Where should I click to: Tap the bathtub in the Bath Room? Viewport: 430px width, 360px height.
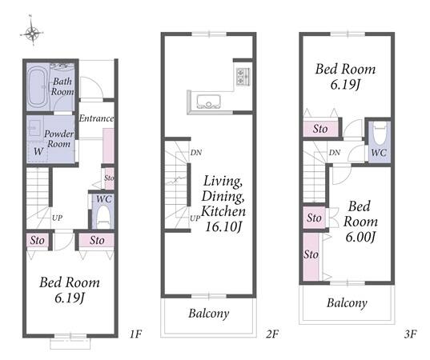coord(38,87)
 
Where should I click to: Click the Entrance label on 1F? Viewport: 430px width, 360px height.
coord(96,118)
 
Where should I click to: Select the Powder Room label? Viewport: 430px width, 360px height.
coord(59,138)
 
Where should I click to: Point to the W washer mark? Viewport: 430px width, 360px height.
coord(38,151)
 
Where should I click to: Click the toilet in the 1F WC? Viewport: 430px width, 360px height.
coord(103,217)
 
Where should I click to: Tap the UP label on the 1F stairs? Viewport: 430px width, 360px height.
coord(58,218)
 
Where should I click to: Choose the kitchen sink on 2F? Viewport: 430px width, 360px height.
coord(208,102)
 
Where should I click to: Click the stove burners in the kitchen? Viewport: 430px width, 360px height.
coord(243,77)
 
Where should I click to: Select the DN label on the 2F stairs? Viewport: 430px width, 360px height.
coord(196,153)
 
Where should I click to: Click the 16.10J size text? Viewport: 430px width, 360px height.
coord(223,227)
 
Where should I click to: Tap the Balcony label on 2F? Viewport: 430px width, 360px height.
coord(209,314)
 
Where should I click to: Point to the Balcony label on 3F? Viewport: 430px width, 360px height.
coord(347,303)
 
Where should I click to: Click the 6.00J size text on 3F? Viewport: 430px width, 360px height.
coord(360,237)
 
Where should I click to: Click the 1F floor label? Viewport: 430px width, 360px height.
coord(135,334)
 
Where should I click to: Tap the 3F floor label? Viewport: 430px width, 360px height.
coord(411,334)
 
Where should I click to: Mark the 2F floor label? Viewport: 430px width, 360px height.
coord(272,334)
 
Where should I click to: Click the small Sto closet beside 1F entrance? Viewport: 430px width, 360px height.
coord(110,178)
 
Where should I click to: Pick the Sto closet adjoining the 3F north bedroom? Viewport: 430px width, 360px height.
coord(320,129)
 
